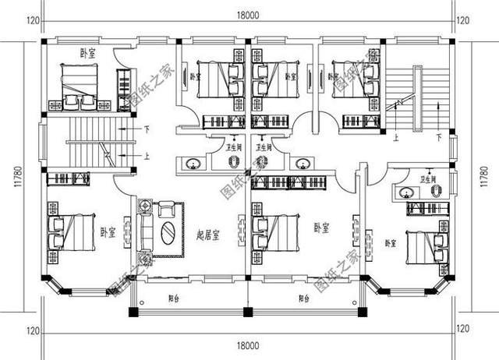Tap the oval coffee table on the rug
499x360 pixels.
(x=168, y=233)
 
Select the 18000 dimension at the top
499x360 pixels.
(x=246, y=13)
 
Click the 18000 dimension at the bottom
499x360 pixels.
(x=246, y=344)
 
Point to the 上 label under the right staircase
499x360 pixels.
(x=397, y=138)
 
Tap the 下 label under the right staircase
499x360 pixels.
(x=439, y=138)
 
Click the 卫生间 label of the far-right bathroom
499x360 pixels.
(x=428, y=178)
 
